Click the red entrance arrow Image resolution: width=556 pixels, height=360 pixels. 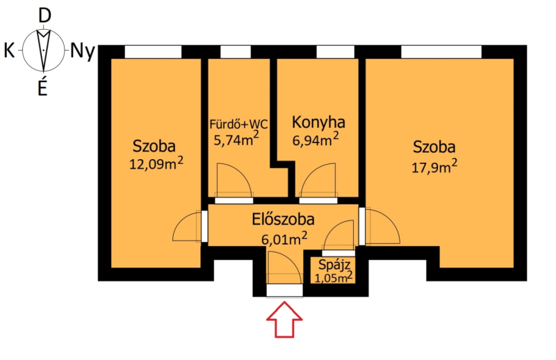(284, 319)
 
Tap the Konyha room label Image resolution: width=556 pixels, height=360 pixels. (318, 122)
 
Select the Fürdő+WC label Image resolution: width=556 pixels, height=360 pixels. (238, 124)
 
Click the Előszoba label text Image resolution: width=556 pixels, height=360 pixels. (283, 219)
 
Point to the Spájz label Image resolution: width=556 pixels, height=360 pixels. (334, 265)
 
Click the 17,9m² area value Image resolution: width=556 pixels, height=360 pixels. (434, 166)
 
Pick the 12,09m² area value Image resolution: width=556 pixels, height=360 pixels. (156, 163)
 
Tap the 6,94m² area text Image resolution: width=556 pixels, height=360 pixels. (316, 140)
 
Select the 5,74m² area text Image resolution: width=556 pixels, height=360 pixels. (236, 140)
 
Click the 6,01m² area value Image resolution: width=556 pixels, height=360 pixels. (284, 238)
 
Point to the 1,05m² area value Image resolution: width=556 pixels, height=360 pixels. (334, 277)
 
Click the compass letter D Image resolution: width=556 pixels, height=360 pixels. (44, 16)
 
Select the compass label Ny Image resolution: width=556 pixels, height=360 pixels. (83, 51)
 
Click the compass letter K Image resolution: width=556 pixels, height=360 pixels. (9, 50)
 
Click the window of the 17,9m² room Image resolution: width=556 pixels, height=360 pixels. (441, 52)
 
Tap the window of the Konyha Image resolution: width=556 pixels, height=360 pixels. (335, 52)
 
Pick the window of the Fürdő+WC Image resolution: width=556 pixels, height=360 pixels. (236, 52)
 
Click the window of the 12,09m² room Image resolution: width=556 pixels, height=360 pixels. (153, 52)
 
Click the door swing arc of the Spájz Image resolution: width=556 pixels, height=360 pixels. (333, 227)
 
